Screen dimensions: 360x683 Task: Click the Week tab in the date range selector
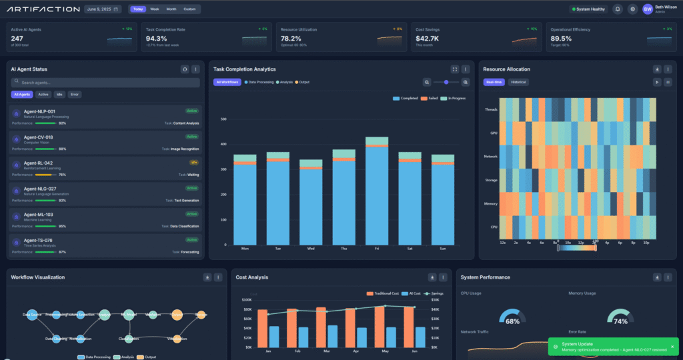tap(155, 9)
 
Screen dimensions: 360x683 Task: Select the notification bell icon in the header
tap(618, 9)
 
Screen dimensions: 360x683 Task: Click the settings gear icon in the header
tap(632, 9)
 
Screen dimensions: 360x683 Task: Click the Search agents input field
tap(105, 83)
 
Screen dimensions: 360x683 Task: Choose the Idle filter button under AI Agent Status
tap(59, 95)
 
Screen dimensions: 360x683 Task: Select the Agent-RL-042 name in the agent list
tap(39, 163)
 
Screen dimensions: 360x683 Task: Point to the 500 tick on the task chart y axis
tap(223, 120)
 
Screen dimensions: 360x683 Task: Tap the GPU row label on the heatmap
tap(493, 133)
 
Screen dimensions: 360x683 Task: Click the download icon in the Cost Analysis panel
tap(432, 277)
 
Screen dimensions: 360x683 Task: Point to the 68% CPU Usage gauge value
tap(512, 321)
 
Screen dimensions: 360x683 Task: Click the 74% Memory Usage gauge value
tap(620, 321)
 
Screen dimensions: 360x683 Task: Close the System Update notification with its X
tap(672, 346)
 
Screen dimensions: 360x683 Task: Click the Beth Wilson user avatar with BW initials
tap(648, 9)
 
